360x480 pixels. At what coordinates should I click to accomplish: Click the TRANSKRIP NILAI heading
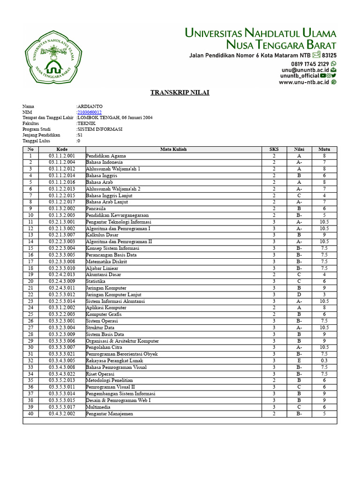point(180,92)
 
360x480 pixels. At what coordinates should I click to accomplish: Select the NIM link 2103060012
point(90,112)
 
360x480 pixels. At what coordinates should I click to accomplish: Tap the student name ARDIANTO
point(90,106)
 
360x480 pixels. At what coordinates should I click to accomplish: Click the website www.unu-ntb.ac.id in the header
point(304,82)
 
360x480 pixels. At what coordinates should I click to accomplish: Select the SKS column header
point(274,149)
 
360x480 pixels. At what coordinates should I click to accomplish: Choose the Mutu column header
point(324,149)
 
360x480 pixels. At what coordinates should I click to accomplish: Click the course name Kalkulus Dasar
point(102,235)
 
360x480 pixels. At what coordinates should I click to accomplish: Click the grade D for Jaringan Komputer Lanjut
point(299,294)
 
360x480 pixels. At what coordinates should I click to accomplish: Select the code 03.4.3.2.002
point(62,414)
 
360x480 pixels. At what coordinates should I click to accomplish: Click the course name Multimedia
point(99,407)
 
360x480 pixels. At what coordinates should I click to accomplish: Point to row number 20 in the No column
point(30,281)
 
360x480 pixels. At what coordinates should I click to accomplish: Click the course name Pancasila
point(96,209)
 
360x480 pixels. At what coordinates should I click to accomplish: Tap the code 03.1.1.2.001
point(62,156)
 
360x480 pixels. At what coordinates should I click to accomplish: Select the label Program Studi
point(36,129)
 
